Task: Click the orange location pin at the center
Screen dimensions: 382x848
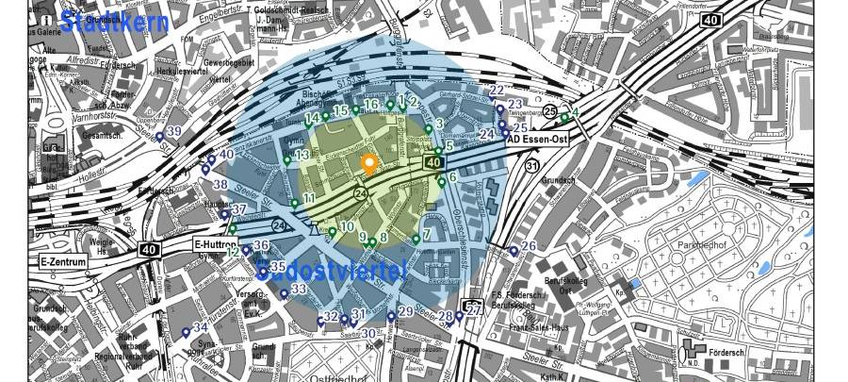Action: [369, 165]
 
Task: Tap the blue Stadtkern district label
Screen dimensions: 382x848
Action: [114, 22]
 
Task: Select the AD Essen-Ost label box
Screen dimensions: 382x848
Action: [540, 140]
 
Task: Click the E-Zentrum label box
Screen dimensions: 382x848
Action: [63, 261]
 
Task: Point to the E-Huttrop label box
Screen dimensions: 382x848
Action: [212, 244]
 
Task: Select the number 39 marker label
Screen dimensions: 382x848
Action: [173, 131]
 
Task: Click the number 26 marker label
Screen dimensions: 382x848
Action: [529, 246]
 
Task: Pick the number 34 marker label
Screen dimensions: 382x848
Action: [200, 327]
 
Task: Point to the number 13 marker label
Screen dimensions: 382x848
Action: [302, 155]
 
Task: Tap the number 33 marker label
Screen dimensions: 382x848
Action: [299, 289]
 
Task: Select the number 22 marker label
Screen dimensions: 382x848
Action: [497, 90]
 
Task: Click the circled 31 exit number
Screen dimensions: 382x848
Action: [531, 166]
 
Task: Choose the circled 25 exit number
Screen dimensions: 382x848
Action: [549, 111]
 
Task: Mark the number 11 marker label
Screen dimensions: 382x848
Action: [308, 199]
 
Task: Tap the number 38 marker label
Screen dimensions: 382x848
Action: [220, 185]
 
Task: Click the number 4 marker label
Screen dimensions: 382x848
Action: [575, 113]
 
